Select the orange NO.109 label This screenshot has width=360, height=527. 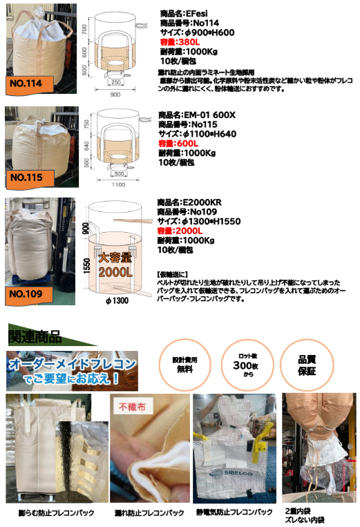[x=27, y=293]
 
